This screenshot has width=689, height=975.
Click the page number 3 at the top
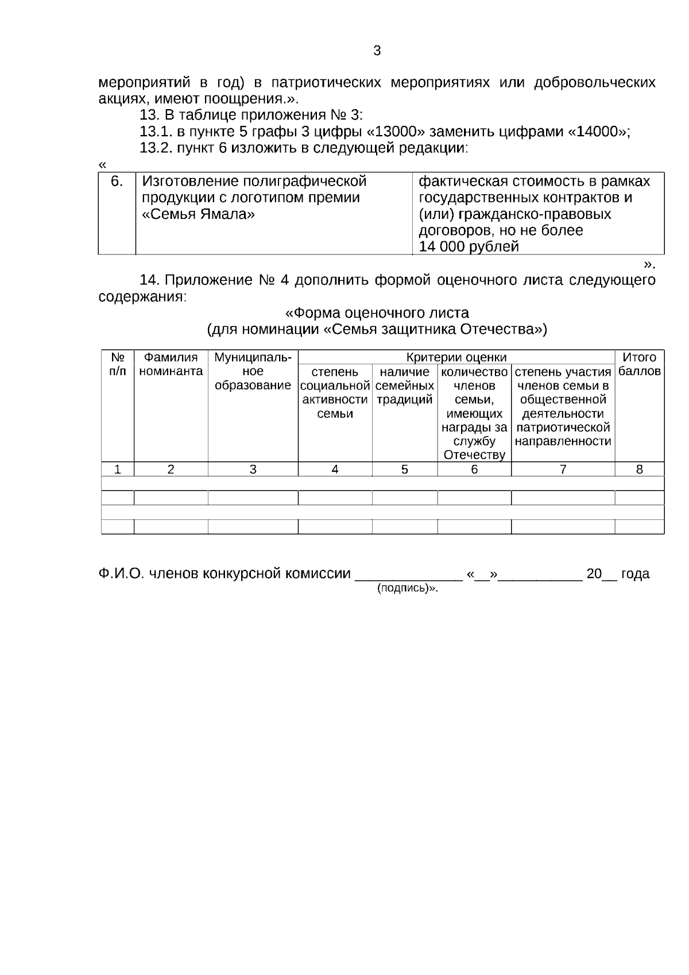tap(377, 51)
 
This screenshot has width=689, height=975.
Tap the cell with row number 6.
tap(117, 182)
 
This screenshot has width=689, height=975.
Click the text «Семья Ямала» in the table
tap(198, 214)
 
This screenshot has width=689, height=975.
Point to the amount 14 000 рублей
tap(469, 247)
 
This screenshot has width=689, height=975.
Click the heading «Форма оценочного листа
tap(377, 313)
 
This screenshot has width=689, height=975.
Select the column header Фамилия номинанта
tap(171, 364)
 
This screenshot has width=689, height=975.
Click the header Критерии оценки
tap(456, 357)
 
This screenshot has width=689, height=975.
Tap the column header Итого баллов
tap(639, 364)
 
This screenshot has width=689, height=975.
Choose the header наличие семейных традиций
tap(404, 386)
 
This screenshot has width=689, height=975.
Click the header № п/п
tap(117, 364)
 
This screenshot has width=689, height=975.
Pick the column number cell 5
tap(404, 469)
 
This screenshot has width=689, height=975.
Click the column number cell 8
tap(639, 469)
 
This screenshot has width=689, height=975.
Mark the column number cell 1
tap(117, 469)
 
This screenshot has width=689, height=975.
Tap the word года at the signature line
tap(635, 573)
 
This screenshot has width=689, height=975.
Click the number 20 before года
tap(594, 573)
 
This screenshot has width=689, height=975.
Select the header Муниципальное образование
tap(253, 371)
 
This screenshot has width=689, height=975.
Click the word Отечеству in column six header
tap(474, 455)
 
